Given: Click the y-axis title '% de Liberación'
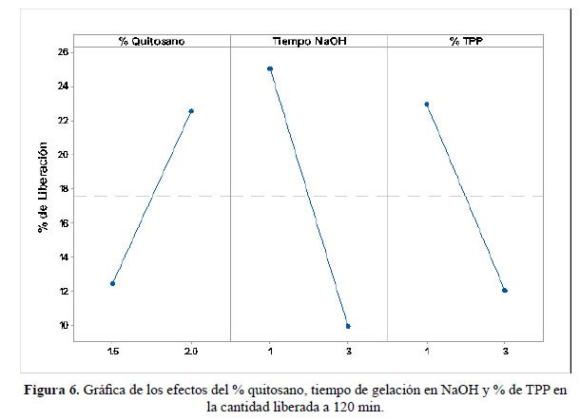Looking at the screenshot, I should click(x=42, y=189).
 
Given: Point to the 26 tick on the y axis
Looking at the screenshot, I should click(x=62, y=51).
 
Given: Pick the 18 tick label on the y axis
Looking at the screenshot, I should click(x=62, y=188).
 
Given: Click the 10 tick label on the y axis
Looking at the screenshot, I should click(x=62, y=325).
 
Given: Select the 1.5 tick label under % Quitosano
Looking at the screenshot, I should click(x=112, y=351).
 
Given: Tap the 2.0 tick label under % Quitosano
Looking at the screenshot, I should click(x=191, y=351).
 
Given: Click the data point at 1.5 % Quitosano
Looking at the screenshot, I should click(x=112, y=283).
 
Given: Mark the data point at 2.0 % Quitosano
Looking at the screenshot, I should click(x=191, y=111).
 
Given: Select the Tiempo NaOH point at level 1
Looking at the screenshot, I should click(x=270, y=68).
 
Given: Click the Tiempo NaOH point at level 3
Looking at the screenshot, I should click(x=348, y=326).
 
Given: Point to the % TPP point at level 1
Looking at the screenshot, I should click(x=427, y=105).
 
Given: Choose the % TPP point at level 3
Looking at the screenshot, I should click(x=505, y=291).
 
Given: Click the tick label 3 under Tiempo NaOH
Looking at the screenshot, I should click(x=348, y=351).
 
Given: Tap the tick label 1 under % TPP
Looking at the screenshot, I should click(x=427, y=351).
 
